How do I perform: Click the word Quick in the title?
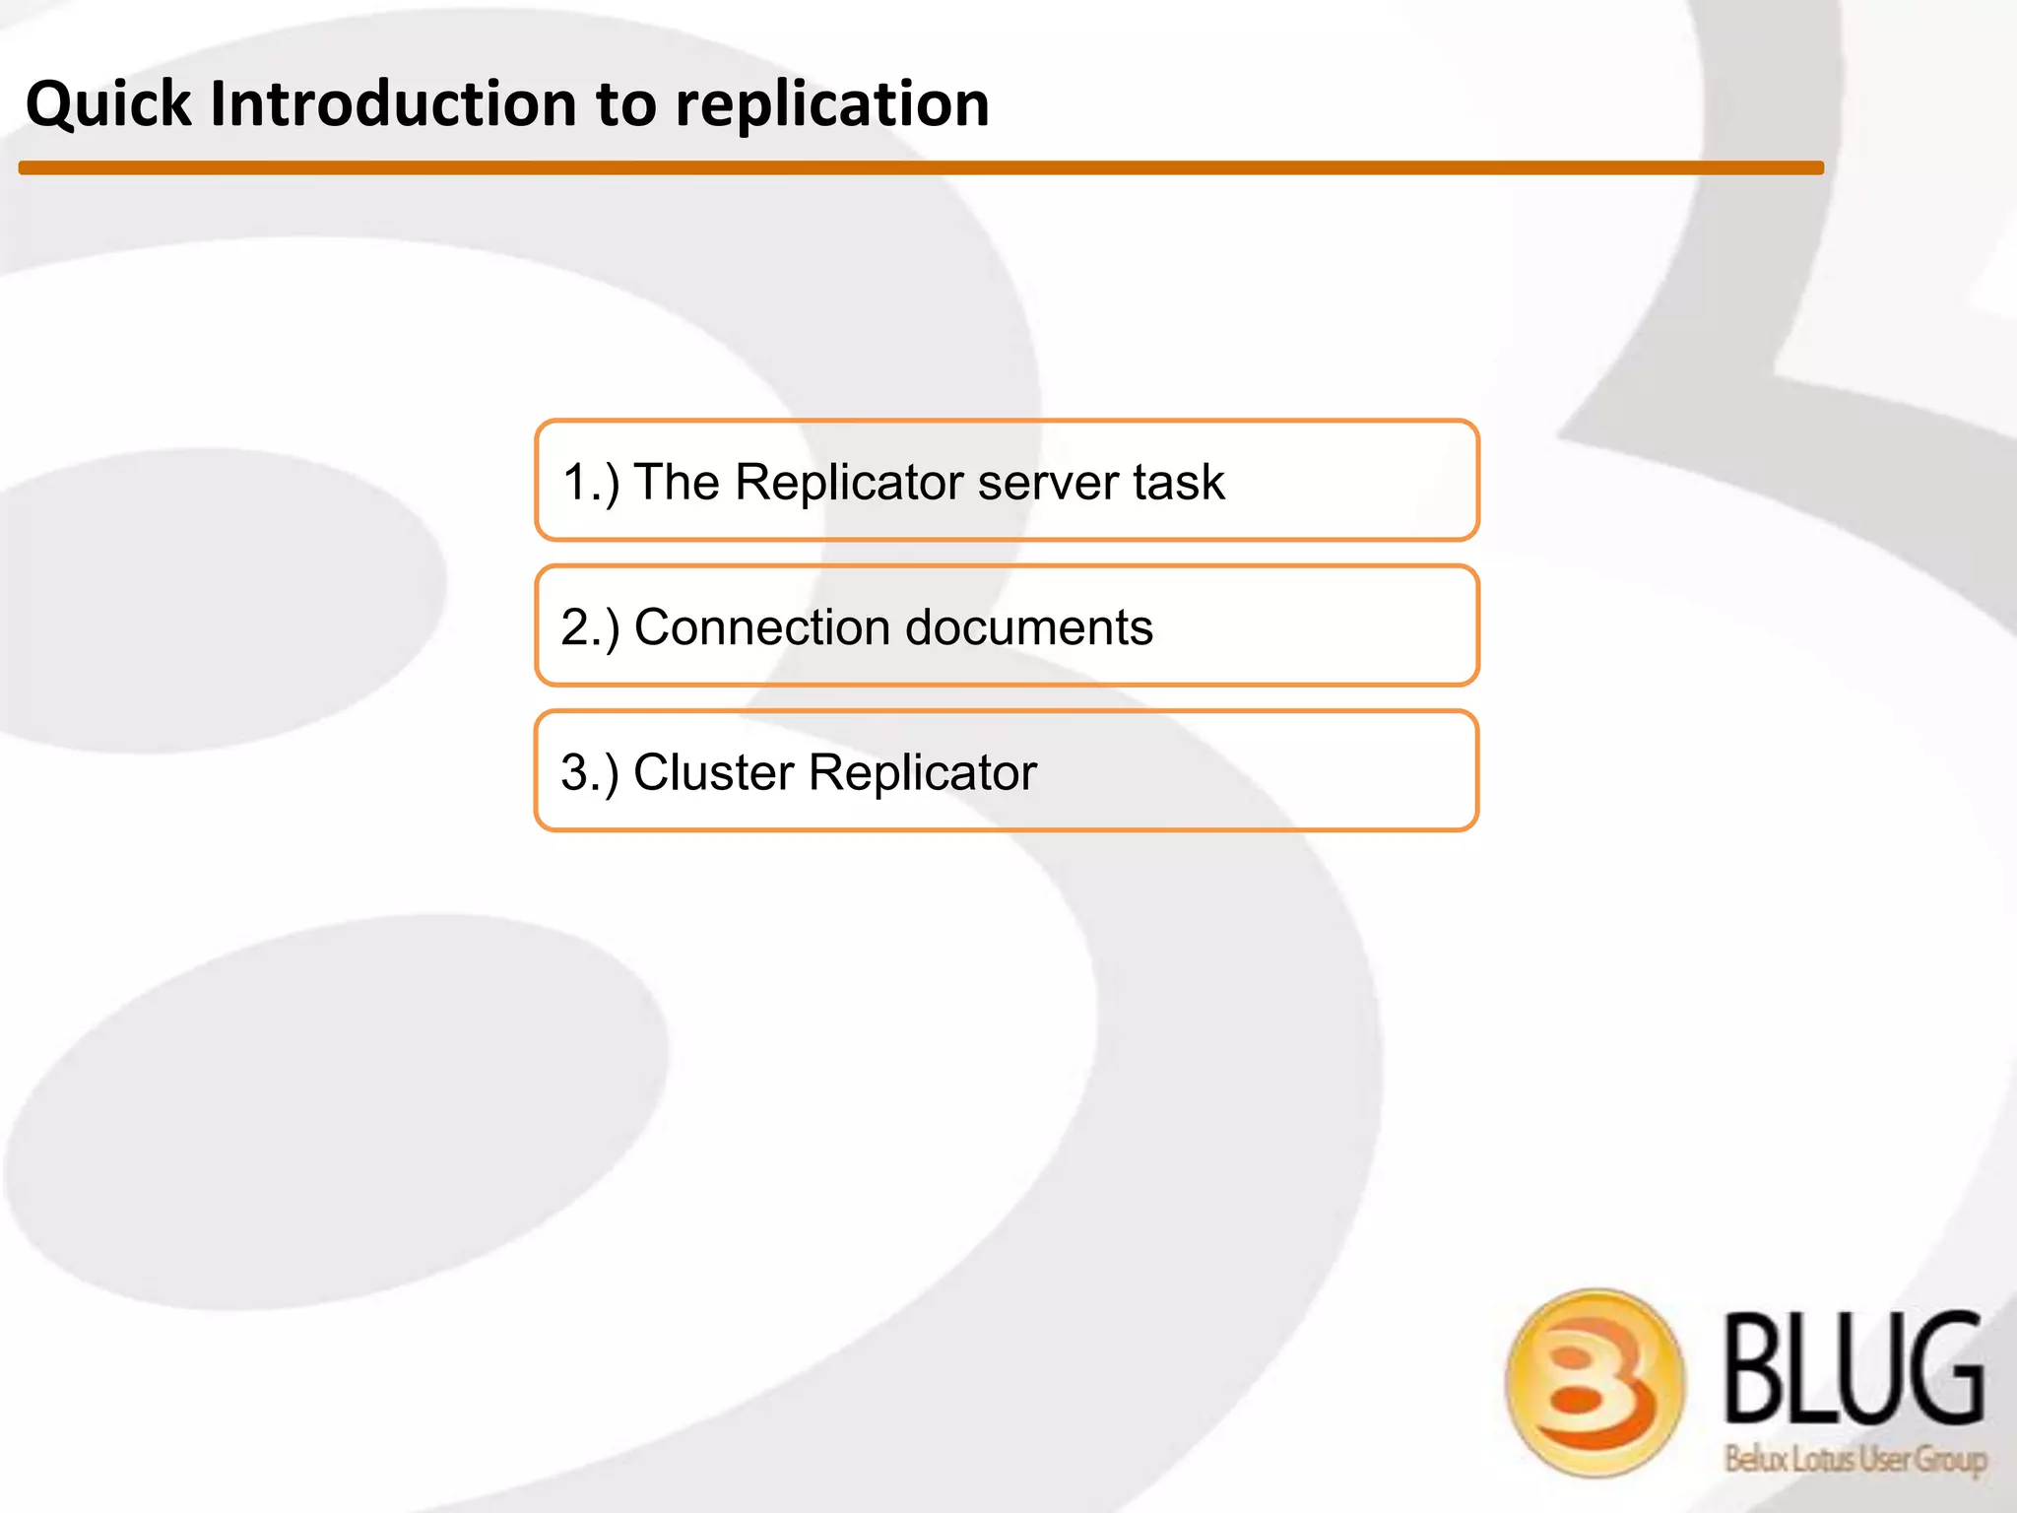click(108, 104)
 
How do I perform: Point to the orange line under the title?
click(921, 168)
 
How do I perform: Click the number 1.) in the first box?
click(590, 483)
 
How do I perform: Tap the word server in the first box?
click(1048, 483)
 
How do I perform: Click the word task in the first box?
click(1179, 483)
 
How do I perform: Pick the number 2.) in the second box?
click(590, 627)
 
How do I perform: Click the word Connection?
click(761, 627)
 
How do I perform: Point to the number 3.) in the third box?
click(590, 772)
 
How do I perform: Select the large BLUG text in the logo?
click(1854, 1370)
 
